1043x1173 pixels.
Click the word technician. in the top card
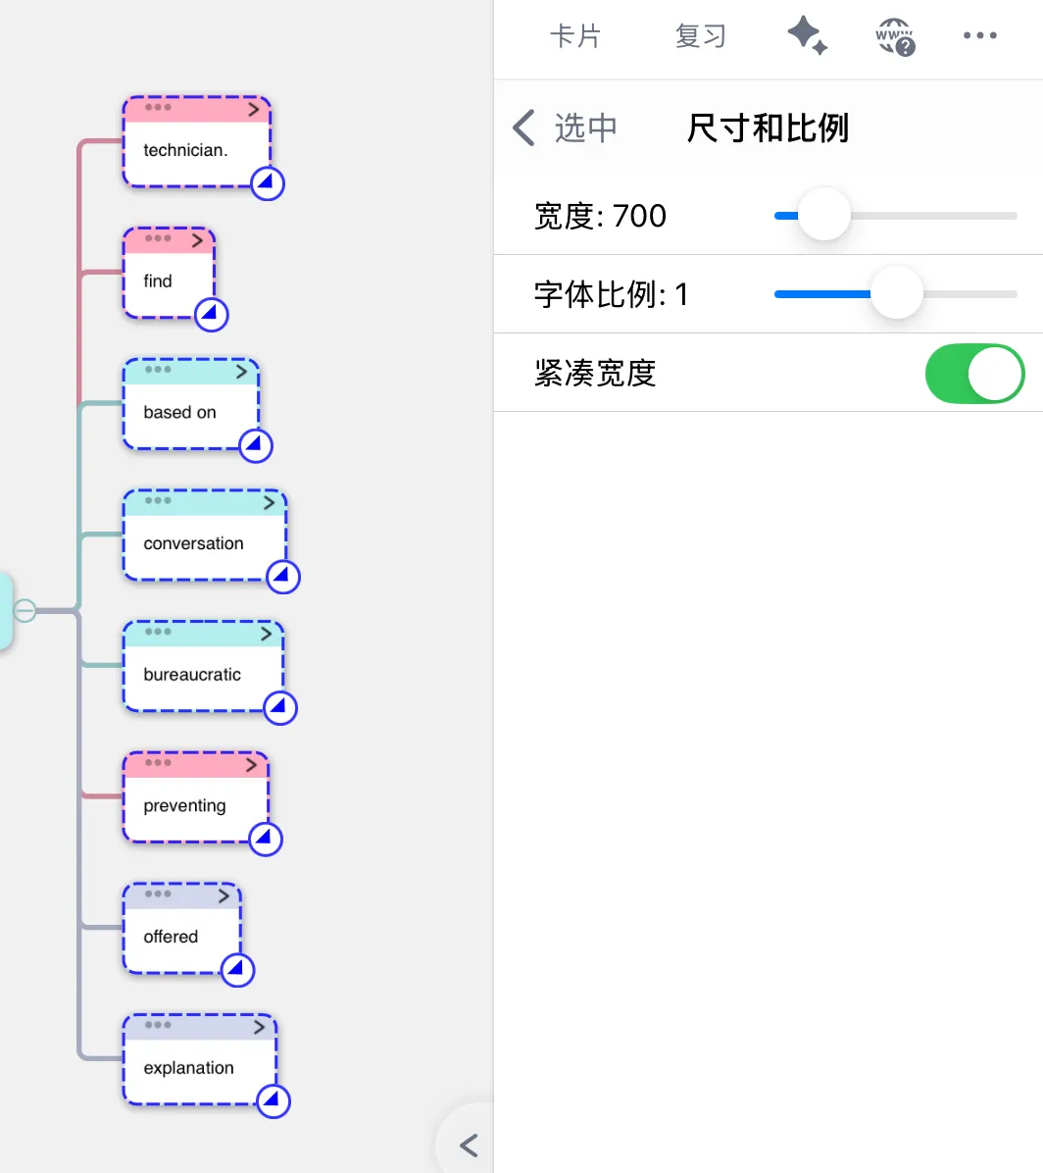click(x=185, y=150)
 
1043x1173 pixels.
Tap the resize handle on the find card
click(x=211, y=315)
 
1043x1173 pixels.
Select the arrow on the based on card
click(x=241, y=372)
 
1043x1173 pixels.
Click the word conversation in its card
click(x=194, y=543)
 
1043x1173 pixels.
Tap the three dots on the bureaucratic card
click(x=158, y=633)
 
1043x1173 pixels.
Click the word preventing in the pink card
click(x=184, y=805)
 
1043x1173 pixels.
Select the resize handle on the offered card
click(x=238, y=970)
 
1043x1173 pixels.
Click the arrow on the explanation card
click(x=259, y=1027)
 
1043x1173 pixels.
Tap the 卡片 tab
click(x=575, y=36)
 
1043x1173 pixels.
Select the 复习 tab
click(x=701, y=36)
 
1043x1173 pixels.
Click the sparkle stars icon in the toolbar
click(x=808, y=36)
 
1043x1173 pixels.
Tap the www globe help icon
click(x=895, y=36)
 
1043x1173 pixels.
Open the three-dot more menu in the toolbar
click(x=980, y=35)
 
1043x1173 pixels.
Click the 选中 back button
click(x=566, y=127)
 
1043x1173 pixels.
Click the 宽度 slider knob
click(x=824, y=215)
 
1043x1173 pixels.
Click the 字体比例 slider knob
click(x=897, y=293)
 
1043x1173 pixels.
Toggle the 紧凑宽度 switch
click(x=975, y=374)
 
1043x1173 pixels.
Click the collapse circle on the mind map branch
click(x=25, y=610)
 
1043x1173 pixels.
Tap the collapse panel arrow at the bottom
click(x=469, y=1146)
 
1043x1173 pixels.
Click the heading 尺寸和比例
click(x=768, y=127)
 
